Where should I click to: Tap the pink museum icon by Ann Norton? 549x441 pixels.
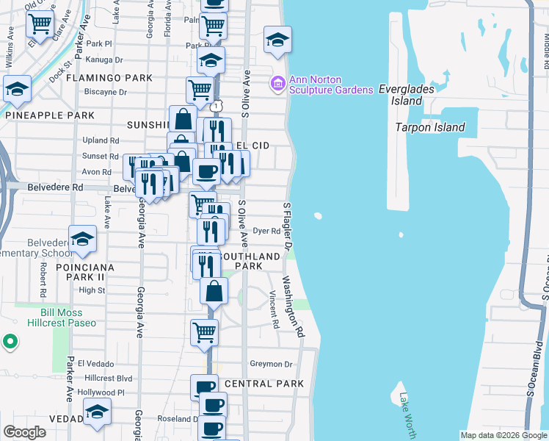pos(277,85)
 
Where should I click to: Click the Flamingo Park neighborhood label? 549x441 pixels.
pos(109,78)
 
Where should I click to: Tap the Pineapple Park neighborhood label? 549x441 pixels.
pos(49,115)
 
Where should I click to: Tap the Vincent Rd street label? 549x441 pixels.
pos(274,309)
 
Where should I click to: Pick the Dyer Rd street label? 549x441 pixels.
pos(267,230)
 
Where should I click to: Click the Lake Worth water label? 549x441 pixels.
pos(407,417)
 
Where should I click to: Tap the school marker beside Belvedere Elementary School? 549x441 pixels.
pos(83,238)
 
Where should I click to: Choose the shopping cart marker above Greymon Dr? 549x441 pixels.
pos(204,331)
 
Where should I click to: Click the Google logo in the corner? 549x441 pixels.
pos(25,433)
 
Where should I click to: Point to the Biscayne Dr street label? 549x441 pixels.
pos(106,93)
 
